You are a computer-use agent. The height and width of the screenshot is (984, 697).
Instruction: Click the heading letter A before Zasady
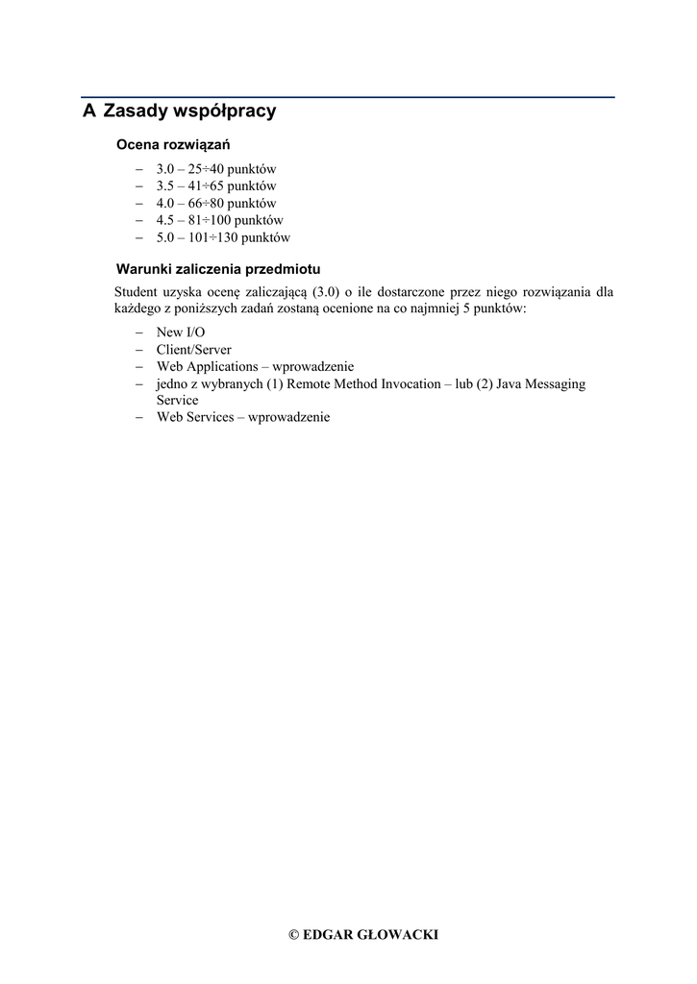point(89,111)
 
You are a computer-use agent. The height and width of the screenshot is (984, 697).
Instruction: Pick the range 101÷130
point(214,237)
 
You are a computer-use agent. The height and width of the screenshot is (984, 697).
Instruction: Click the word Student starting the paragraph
point(139,292)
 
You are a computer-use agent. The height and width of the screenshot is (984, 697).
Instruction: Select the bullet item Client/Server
point(193,350)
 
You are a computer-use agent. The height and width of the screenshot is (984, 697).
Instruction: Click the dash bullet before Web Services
point(138,418)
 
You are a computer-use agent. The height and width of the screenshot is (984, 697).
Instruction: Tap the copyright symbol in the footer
point(293,935)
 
